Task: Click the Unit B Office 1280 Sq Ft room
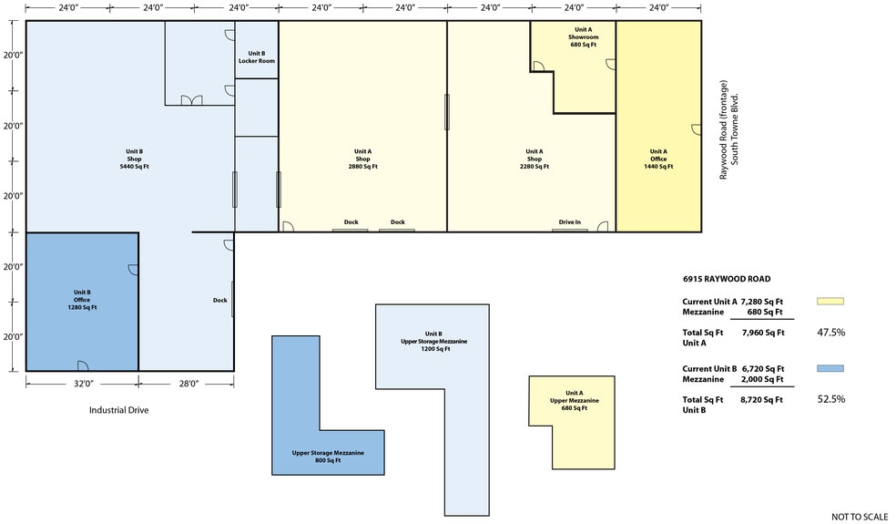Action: [82, 302]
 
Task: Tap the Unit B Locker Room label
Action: [257, 57]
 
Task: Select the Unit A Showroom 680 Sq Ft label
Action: [583, 37]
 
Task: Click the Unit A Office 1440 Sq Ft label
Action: [658, 159]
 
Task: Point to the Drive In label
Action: [570, 222]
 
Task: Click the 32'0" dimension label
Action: [83, 384]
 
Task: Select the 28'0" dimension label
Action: [188, 384]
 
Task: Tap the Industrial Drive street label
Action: [119, 410]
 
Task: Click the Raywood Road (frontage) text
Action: [724, 129]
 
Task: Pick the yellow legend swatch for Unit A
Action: [830, 301]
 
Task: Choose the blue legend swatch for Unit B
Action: [830, 368]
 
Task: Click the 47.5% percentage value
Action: [830, 333]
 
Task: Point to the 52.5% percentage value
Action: [830, 399]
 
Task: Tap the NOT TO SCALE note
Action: [860, 517]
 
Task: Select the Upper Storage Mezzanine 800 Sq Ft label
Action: [328, 457]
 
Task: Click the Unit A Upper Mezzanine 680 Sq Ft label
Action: [575, 400]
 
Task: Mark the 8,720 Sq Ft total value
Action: [762, 400]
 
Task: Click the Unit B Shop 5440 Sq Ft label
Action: [134, 159]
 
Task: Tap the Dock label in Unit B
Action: [220, 301]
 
